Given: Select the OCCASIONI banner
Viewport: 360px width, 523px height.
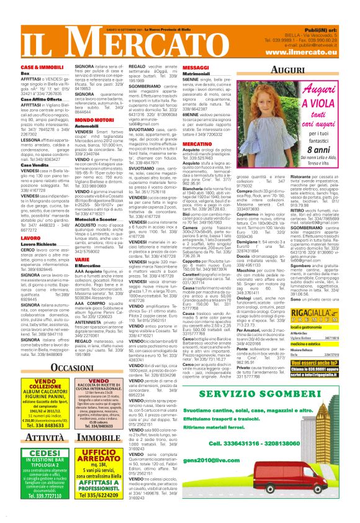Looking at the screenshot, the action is pyautogui.click(x=65, y=368).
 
